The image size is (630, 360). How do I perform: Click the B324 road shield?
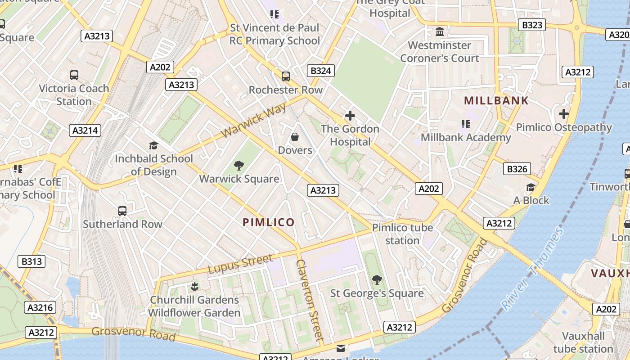pyautogui.click(x=321, y=71)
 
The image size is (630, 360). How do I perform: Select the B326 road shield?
pyautogui.click(x=517, y=169)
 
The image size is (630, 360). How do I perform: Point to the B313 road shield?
pyautogui.click(x=31, y=261)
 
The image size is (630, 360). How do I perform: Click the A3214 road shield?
pyautogui.click(x=85, y=130)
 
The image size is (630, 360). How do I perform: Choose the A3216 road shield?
pyautogui.click(x=40, y=308)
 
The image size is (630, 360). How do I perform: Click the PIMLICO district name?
pyautogui.click(x=269, y=222)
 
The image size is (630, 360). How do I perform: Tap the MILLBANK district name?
pyautogui.click(x=496, y=100)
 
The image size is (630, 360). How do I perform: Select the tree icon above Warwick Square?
pyautogui.click(x=239, y=166)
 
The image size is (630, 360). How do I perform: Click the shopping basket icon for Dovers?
pyautogui.click(x=295, y=137)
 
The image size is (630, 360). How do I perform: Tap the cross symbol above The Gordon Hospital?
pyautogui.click(x=350, y=116)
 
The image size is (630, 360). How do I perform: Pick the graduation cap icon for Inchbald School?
pyautogui.click(x=153, y=145)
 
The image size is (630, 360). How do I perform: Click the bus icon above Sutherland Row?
pyautogui.click(x=122, y=211)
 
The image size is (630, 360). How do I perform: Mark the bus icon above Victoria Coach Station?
pyautogui.click(x=74, y=75)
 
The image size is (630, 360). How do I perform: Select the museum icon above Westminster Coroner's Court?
pyautogui.click(x=440, y=32)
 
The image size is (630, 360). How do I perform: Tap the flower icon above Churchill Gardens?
pyautogui.click(x=194, y=286)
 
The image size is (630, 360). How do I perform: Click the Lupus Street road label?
pyautogui.click(x=240, y=264)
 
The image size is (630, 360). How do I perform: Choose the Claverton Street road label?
pyautogui.click(x=310, y=300)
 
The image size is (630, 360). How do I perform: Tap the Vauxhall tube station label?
pyautogui.click(x=583, y=342)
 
